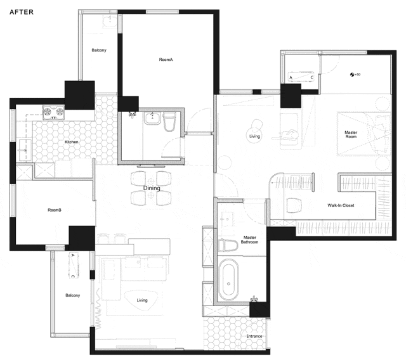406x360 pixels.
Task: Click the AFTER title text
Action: tap(22, 12)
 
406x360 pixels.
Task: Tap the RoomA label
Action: tap(166, 60)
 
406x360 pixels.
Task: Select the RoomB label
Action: tap(55, 210)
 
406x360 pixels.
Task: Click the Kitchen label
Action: tap(72, 142)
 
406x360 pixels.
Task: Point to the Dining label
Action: tap(152, 188)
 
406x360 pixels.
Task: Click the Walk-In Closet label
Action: tap(341, 205)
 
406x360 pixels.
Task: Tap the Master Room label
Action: tap(351, 134)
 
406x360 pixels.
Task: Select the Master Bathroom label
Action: tap(249, 240)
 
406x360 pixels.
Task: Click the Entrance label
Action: tap(254, 336)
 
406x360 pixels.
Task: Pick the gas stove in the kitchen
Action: tap(53, 112)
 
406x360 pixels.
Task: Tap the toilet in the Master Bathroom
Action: tap(228, 245)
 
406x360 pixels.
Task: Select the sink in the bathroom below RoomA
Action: tap(153, 119)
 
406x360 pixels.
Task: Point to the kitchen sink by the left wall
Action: tap(25, 150)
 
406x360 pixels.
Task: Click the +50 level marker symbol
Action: tap(352, 75)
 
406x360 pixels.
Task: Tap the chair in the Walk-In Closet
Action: tap(294, 205)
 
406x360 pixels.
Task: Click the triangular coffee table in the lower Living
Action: tap(141, 300)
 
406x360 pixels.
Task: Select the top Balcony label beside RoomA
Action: tap(99, 50)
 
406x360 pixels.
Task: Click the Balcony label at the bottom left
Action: tap(73, 295)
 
